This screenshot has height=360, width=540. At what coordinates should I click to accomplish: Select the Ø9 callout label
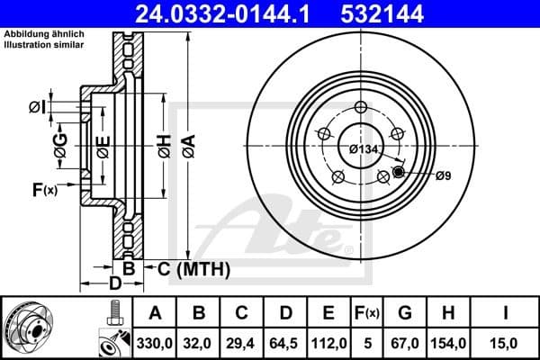point(443,175)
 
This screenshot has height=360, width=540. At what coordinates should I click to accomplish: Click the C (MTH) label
point(194,269)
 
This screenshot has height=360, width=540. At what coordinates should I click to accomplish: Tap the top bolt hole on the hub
point(361,109)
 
